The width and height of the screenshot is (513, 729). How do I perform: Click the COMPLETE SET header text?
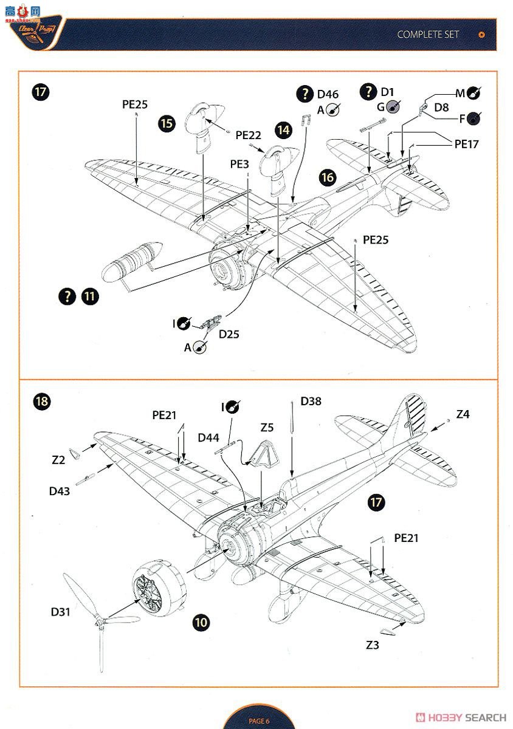pos(428,35)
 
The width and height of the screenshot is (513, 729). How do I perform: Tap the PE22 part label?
pos(248,135)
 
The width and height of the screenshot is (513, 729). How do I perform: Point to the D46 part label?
pos(328,94)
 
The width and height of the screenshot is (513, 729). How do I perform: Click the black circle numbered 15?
pos(167,123)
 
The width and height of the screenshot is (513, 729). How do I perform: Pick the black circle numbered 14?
pos(283,129)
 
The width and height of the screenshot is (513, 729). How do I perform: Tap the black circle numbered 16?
pos(328,177)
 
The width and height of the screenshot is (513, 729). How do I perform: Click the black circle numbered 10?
pos(201,621)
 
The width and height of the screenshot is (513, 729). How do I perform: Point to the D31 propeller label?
pos(60,612)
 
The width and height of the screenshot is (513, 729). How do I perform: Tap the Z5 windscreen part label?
pos(267,428)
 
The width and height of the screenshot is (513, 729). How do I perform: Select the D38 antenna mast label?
pos(311,402)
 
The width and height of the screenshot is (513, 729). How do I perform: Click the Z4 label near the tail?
pos(463,414)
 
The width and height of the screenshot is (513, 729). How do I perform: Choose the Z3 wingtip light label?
pos(373,645)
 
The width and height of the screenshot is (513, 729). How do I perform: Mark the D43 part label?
pos(60,491)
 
